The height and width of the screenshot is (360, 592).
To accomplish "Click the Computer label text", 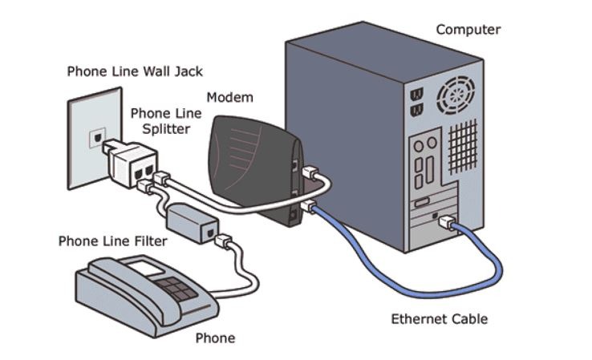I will click(468, 30).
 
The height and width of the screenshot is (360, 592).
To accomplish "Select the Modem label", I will click(229, 98).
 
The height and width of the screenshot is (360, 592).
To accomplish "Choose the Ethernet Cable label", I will click(439, 319).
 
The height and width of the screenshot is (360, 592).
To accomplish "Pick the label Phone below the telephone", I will click(215, 338).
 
